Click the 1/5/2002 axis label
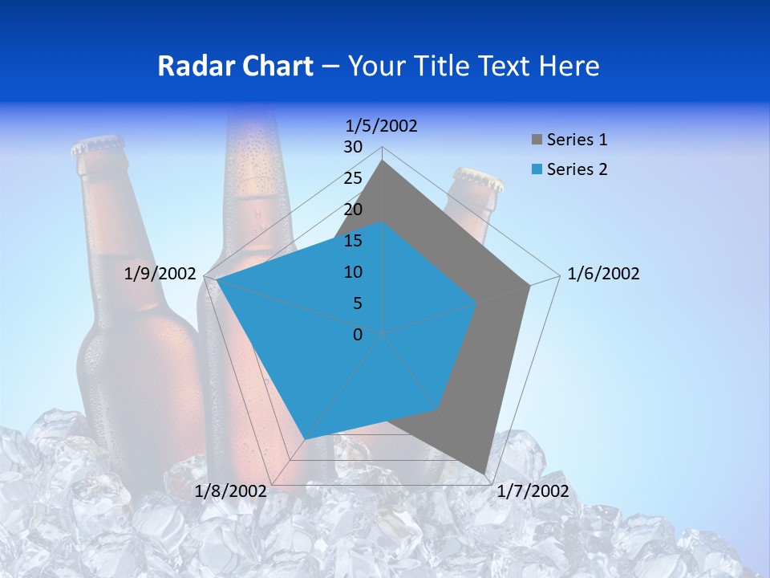point(382,126)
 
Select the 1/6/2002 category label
point(603,274)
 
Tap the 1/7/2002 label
point(533,491)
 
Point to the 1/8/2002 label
point(231,491)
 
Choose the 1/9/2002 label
point(160,274)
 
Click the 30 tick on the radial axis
point(353,147)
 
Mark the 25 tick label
point(353,178)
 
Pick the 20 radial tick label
point(353,210)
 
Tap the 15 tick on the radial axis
point(353,241)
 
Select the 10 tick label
point(353,272)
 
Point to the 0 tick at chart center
point(358,335)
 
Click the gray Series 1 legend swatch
point(537,140)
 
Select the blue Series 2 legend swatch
point(537,169)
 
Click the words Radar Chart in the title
point(235,66)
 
